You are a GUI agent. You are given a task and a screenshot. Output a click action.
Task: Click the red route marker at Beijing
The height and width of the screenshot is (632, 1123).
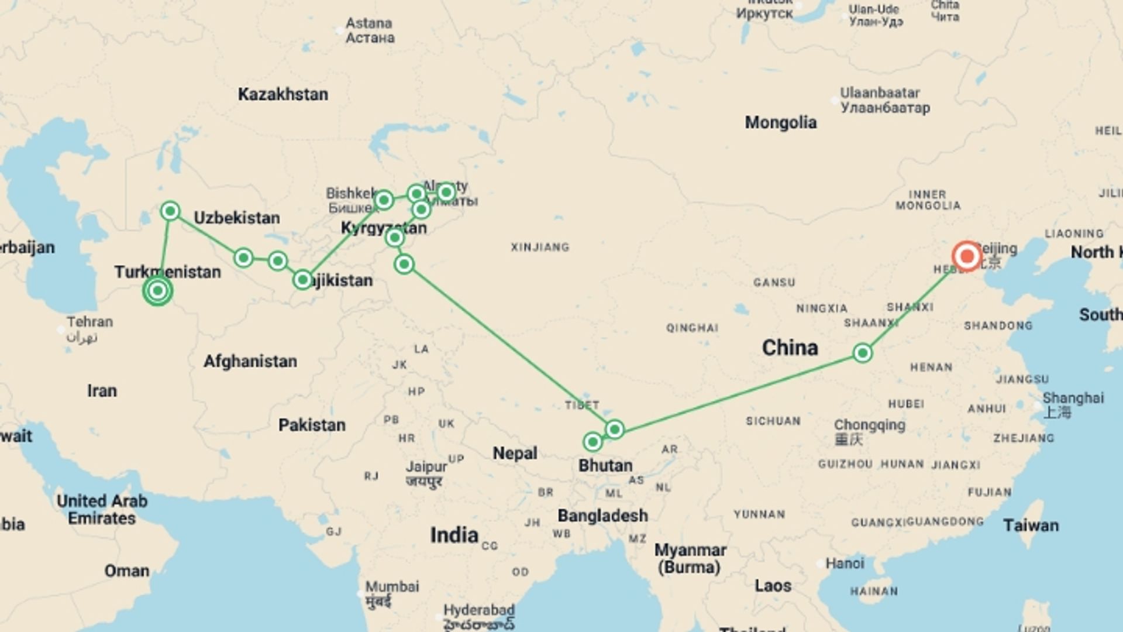click(x=966, y=256)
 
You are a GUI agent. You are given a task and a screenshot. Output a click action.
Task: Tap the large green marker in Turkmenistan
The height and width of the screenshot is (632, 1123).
click(x=157, y=291)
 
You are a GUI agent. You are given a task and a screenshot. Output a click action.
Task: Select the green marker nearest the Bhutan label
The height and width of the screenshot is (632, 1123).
click(x=592, y=442)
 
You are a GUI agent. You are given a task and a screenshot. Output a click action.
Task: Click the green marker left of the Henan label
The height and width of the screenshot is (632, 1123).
click(x=862, y=353)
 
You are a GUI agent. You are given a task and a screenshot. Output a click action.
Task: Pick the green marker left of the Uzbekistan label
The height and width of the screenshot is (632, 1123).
click(x=170, y=211)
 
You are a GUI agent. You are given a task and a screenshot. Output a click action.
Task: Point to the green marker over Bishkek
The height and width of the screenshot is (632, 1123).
click(x=384, y=200)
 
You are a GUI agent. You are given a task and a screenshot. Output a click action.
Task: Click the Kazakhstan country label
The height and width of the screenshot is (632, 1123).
click(x=283, y=94)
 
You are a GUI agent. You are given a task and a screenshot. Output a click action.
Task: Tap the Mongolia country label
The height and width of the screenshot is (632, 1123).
click(x=780, y=122)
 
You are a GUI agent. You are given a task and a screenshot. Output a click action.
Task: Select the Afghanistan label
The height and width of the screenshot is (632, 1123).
click(x=250, y=361)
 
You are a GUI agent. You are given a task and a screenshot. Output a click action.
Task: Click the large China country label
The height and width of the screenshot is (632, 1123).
click(x=790, y=348)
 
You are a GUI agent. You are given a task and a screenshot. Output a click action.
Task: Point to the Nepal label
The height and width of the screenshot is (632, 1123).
click(x=514, y=453)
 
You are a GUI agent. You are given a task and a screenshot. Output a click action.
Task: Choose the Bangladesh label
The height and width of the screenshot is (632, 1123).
click(x=602, y=516)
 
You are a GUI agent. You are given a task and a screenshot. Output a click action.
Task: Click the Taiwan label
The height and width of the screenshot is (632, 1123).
click(x=1031, y=525)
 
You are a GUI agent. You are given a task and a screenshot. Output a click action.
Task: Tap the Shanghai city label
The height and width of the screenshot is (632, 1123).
click(x=1073, y=399)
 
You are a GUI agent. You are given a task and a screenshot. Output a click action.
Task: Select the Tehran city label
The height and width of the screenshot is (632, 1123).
click(x=89, y=322)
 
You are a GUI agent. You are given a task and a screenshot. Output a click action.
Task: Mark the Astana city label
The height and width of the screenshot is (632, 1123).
click(x=369, y=23)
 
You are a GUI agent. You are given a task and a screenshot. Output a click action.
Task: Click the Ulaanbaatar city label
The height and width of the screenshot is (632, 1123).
click(x=880, y=93)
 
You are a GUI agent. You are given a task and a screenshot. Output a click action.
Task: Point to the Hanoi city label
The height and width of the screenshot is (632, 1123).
click(x=844, y=563)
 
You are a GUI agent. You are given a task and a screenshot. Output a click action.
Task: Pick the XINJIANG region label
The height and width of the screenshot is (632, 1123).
click(x=540, y=247)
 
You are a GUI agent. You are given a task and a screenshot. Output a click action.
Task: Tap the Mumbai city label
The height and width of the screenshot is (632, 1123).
click(x=392, y=586)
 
